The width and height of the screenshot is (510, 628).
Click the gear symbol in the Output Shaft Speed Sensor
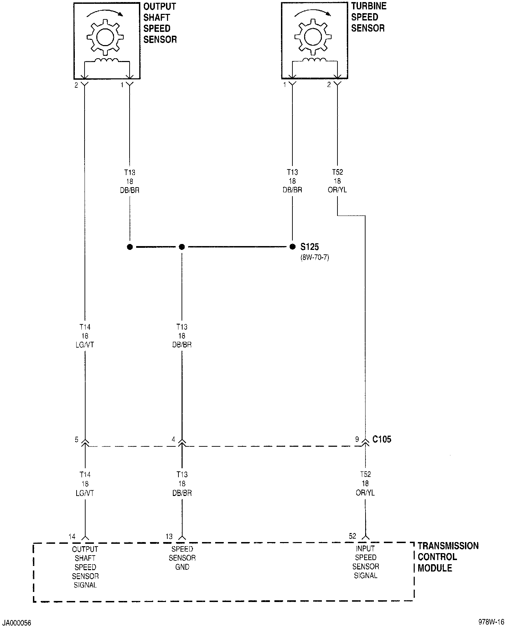[x=105, y=37]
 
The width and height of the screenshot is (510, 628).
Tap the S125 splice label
[x=309, y=247]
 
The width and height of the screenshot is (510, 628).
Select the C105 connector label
[x=382, y=439]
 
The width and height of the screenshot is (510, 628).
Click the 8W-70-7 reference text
[x=315, y=258]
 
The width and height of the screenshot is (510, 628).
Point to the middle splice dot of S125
[x=182, y=247]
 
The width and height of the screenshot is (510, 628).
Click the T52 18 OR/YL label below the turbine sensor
[x=337, y=181]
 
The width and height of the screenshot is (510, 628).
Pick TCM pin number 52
[x=352, y=536]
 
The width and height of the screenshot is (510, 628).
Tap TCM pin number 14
[x=72, y=537]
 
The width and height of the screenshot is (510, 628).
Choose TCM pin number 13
[x=169, y=537]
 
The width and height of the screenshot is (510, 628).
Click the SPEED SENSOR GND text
[x=182, y=558]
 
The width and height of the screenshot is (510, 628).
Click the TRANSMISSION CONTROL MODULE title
[x=448, y=557]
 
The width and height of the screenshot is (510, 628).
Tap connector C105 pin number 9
[x=357, y=439]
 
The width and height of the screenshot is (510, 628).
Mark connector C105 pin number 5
[x=77, y=439]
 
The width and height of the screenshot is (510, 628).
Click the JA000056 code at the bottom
[x=17, y=623]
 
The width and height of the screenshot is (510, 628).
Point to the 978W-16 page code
[x=491, y=622]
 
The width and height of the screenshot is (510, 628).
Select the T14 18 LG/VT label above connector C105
[x=85, y=336]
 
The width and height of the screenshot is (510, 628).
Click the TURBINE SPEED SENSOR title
[x=368, y=17]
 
